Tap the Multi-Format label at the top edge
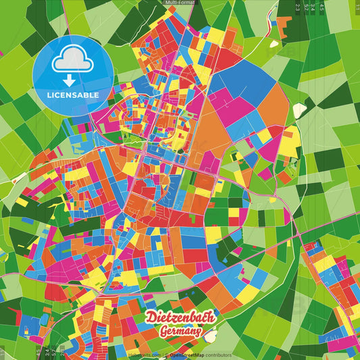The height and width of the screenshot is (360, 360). click(180, 3)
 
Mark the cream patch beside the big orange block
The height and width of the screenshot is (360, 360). click(299, 109)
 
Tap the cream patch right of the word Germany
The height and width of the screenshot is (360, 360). click(211, 336)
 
